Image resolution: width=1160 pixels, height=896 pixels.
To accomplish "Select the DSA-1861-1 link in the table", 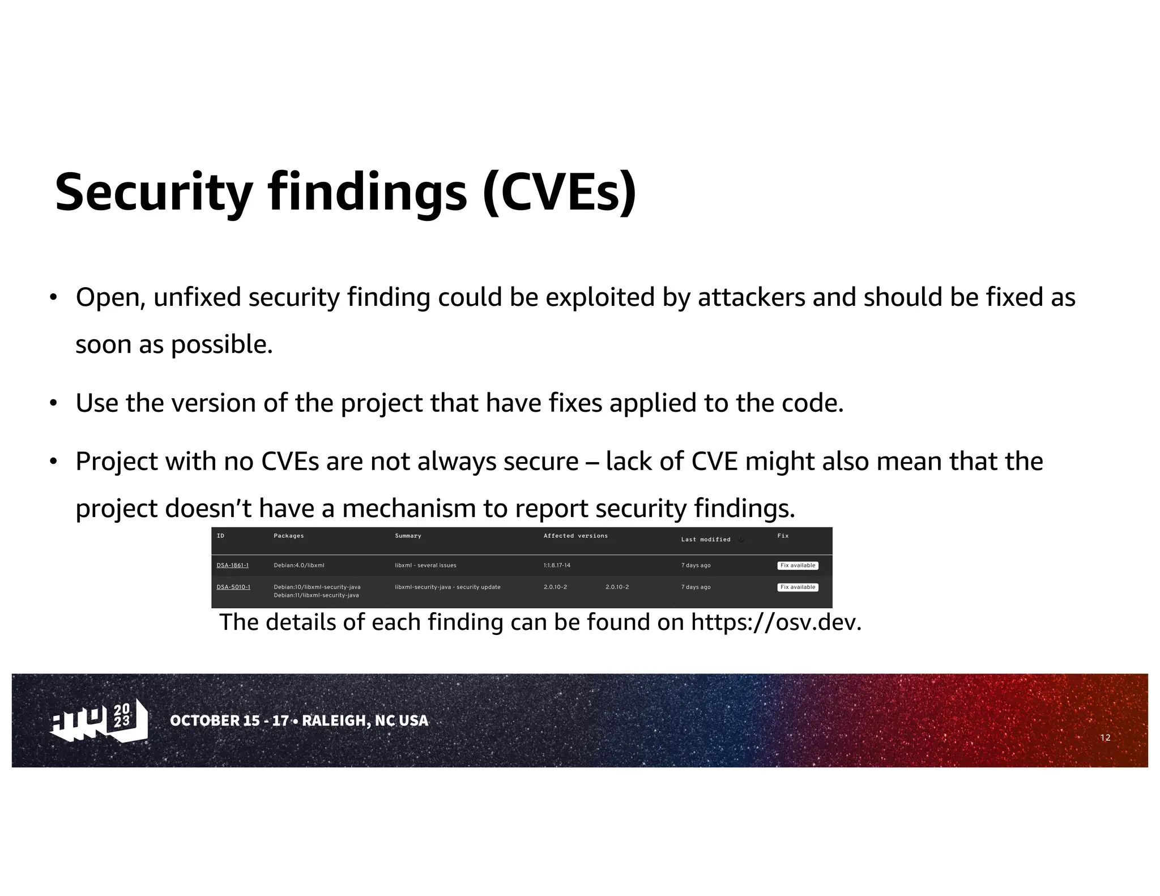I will pyautogui.click(x=232, y=565).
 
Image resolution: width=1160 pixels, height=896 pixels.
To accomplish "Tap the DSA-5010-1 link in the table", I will pyautogui.click(x=233, y=587).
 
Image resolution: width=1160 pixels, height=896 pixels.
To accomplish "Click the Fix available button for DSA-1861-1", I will pyautogui.click(x=797, y=565).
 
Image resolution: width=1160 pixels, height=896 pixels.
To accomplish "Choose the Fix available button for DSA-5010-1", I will pyautogui.click(x=797, y=587).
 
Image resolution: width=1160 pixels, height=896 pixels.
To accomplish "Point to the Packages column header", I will pyautogui.click(x=289, y=536).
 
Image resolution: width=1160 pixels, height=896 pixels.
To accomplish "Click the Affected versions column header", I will pyautogui.click(x=575, y=536).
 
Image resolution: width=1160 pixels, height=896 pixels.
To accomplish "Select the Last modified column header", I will pyautogui.click(x=706, y=540).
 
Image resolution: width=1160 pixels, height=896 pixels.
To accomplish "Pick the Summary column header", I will pyautogui.click(x=408, y=536).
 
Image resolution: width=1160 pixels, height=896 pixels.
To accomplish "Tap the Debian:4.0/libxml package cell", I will pyautogui.click(x=299, y=565).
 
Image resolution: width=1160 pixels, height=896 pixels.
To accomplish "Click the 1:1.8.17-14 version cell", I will pyautogui.click(x=557, y=565).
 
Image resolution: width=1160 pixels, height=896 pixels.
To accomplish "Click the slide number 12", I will pyautogui.click(x=1105, y=737).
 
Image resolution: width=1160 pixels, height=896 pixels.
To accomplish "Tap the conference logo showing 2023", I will pyautogui.click(x=99, y=720).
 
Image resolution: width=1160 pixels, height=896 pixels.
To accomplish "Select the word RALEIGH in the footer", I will pyautogui.click(x=334, y=720).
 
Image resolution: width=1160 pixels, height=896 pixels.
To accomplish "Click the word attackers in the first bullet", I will pyautogui.click(x=751, y=297).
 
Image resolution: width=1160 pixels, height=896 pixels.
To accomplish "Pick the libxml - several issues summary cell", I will pyautogui.click(x=425, y=565).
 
